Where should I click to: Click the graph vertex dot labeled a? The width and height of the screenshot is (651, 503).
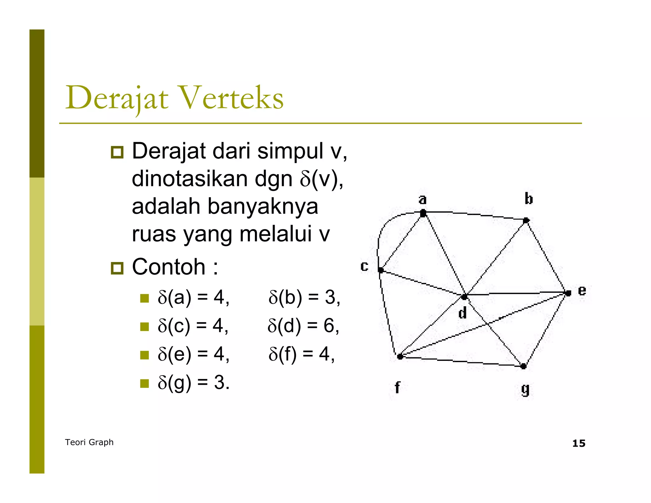coord(423,213)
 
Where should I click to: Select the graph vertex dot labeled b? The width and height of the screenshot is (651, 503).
coord(526,220)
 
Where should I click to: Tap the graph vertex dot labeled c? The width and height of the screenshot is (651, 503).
coord(380,270)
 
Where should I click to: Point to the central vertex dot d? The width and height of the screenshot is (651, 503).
coord(464,297)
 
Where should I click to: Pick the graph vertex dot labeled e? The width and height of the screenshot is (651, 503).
coord(568,293)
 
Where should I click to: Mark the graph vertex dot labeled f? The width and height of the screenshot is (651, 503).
coord(400,356)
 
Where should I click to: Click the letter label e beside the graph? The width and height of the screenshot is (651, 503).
coord(582,291)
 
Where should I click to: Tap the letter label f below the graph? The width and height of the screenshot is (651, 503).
coord(397,388)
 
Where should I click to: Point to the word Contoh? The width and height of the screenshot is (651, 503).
coord(168,267)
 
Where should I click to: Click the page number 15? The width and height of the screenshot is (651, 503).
coord(579,443)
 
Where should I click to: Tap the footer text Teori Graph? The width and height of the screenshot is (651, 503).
coord(89,442)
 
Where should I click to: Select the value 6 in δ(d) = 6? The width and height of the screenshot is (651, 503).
coord(329,326)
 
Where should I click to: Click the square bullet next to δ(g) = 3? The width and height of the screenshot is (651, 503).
coord(145,383)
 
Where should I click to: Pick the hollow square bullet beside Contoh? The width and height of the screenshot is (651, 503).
coord(117,268)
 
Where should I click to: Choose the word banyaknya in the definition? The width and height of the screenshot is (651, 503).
coord(263,206)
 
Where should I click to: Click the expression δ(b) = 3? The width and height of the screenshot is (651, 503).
coord(304,298)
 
